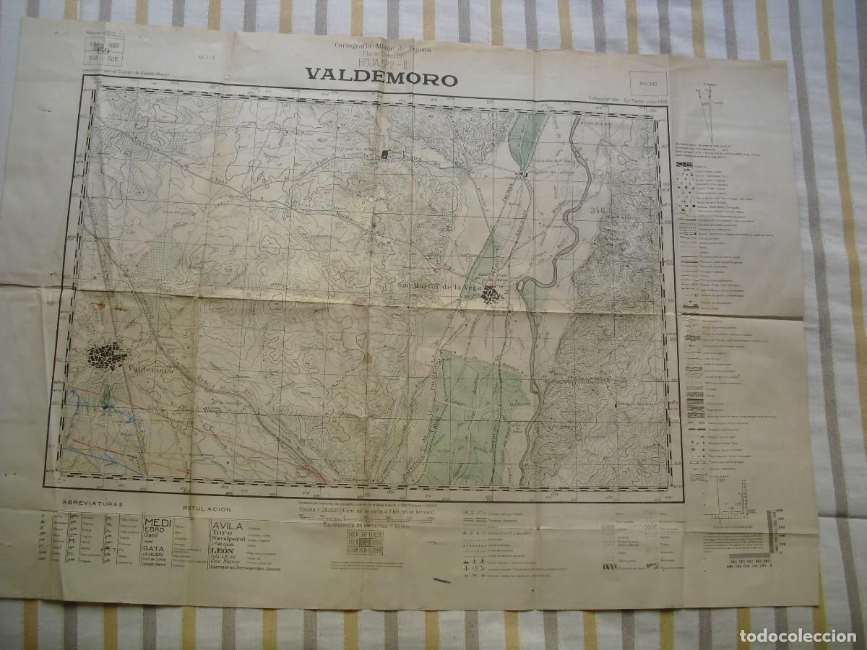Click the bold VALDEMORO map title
click(x=381, y=77)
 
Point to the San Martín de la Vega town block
click(x=493, y=294)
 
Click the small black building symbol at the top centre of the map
click(x=385, y=154)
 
